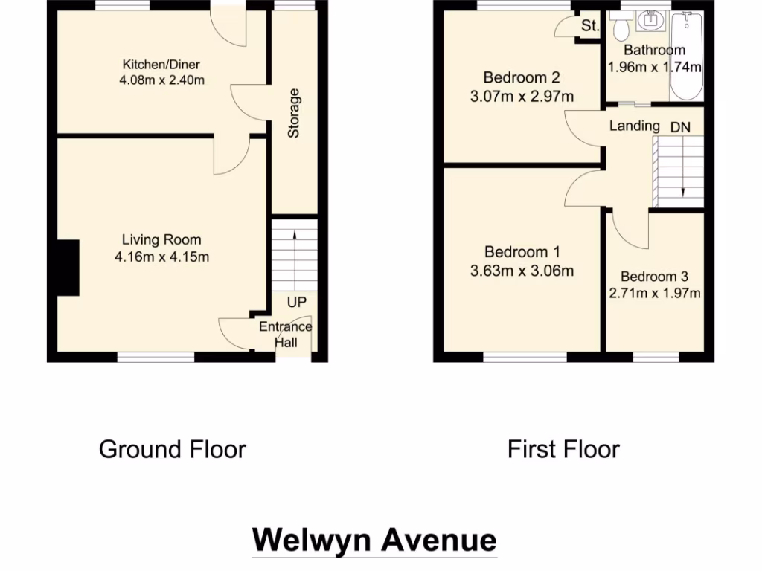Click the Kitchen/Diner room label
[x=161, y=65]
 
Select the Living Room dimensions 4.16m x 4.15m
[x=161, y=257]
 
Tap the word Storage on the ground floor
[x=294, y=114]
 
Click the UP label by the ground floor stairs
[x=296, y=303]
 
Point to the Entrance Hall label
[x=286, y=335]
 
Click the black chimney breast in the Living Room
[x=67, y=268]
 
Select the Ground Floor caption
[x=172, y=449]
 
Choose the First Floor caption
[x=563, y=449]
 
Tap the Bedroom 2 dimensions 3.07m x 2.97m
[x=522, y=96]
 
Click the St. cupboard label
[x=590, y=26]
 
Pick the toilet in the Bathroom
[x=620, y=27]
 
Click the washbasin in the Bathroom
[x=653, y=22]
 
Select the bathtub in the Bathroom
[x=686, y=56]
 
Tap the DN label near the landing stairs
[x=680, y=127]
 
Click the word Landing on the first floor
[x=634, y=126]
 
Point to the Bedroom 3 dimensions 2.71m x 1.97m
[x=655, y=293]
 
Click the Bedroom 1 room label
[x=522, y=252]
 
